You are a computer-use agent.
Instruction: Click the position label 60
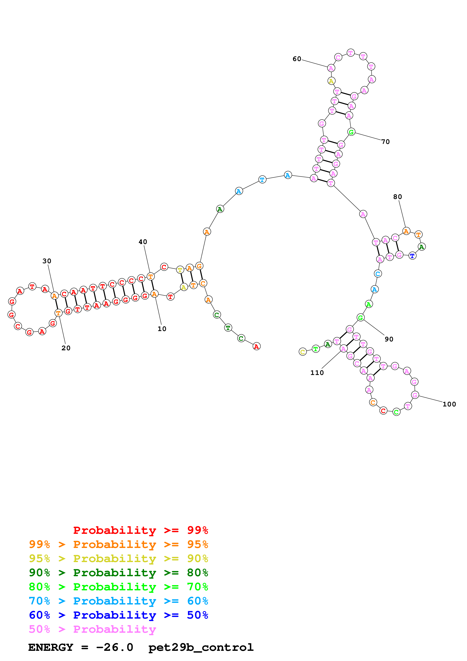coord(297,59)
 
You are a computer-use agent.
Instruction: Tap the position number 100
coord(449,404)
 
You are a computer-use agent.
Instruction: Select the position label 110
coord(317,373)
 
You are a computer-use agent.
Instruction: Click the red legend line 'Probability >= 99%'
coord(141,530)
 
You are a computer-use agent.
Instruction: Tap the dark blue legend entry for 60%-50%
coord(118,615)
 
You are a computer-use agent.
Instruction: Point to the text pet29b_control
coord(201,647)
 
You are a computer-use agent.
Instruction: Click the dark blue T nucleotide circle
coord(412,256)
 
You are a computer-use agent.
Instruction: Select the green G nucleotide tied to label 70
coord(351,132)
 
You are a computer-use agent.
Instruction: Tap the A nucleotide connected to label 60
coord(331,68)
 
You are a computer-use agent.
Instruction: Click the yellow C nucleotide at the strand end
coord(303,352)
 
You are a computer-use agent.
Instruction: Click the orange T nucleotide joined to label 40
coord(150,277)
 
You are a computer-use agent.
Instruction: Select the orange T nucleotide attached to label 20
coord(58,313)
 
